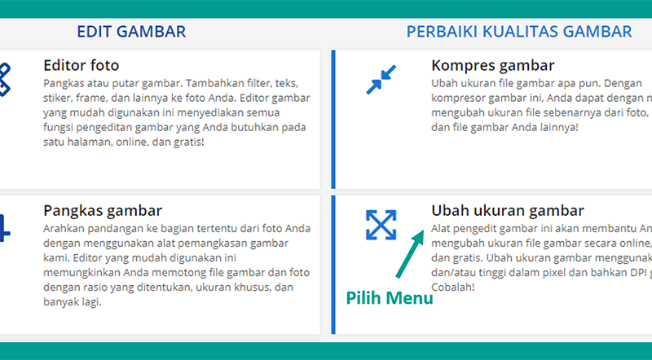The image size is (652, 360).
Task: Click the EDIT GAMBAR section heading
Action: coord(131,32)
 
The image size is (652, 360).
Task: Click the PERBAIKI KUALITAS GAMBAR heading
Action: coord(519,32)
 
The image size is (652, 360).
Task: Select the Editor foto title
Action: coord(81,65)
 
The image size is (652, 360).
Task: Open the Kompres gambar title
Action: coord(493,66)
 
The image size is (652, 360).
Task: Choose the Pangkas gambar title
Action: coord(103,211)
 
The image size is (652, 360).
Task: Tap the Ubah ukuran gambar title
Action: coord(507,211)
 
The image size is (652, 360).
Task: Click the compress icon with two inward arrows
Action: coord(381,79)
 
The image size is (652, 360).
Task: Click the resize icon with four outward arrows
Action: coord(381,225)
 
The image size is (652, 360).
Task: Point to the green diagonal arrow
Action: coord(410,253)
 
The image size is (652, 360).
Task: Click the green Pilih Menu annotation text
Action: coord(390,298)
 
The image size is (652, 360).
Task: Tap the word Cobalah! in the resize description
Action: coord(453,288)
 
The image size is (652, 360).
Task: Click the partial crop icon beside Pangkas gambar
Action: coord(5,228)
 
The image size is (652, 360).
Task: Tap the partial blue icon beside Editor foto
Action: coord(5,79)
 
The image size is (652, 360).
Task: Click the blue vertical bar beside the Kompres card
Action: coord(333,119)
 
